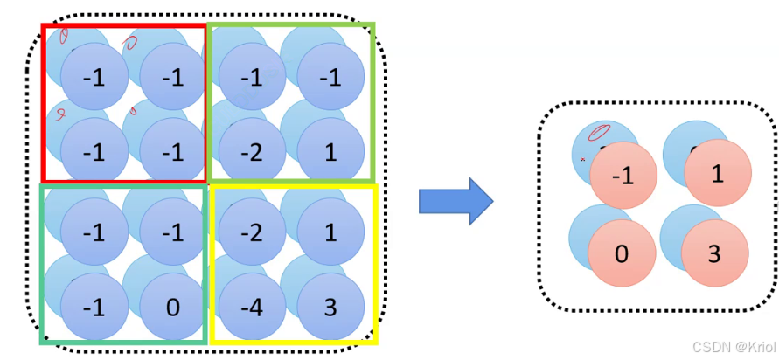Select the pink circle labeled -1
click(623, 176)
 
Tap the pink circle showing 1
click(717, 173)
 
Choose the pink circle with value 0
click(622, 254)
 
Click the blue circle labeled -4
click(251, 307)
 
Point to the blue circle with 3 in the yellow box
click(330, 307)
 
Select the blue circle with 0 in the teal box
click(172, 307)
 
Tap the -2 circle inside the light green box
click(251, 152)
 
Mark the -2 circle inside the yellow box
click(251, 233)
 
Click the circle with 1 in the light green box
click(330, 152)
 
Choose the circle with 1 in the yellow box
click(330, 233)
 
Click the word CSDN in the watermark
click(706, 347)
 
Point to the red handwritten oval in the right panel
click(598, 133)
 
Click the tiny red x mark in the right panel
click(582, 159)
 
